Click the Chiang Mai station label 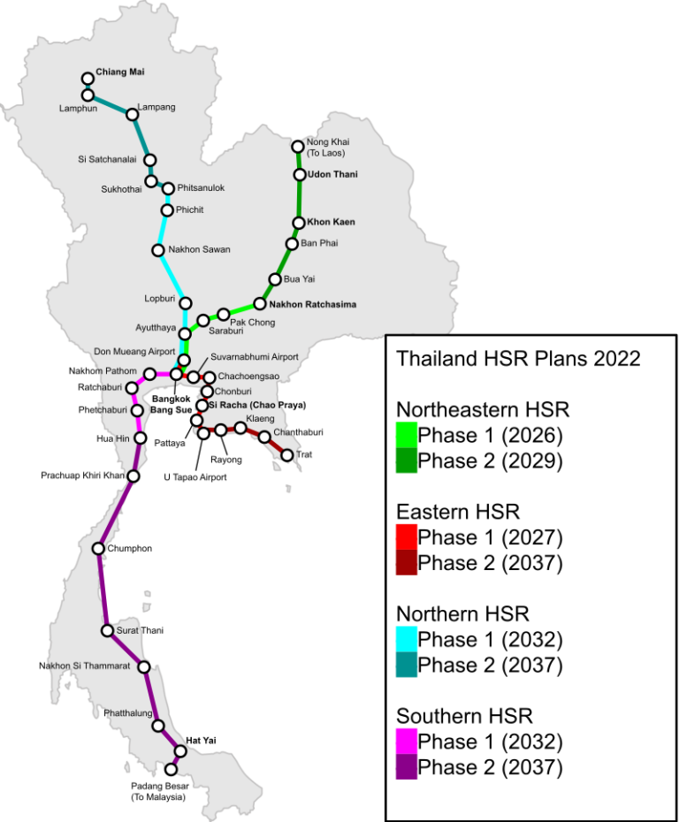click(119, 72)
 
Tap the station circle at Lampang click(133, 114)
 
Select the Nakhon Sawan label click(199, 250)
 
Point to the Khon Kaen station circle click(299, 223)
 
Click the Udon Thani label click(332, 174)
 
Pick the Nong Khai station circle click(298, 146)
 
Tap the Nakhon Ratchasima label click(312, 305)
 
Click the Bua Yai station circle click(275, 279)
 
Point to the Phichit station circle click(166, 209)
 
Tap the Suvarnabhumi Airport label click(255, 357)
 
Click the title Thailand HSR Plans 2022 click(518, 359)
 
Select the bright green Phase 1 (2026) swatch click(407, 435)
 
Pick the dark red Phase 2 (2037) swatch click(407, 562)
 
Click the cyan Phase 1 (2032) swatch click(407, 639)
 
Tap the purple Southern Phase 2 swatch click(407, 766)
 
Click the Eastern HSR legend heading click(458, 512)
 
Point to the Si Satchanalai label click(107, 160)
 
